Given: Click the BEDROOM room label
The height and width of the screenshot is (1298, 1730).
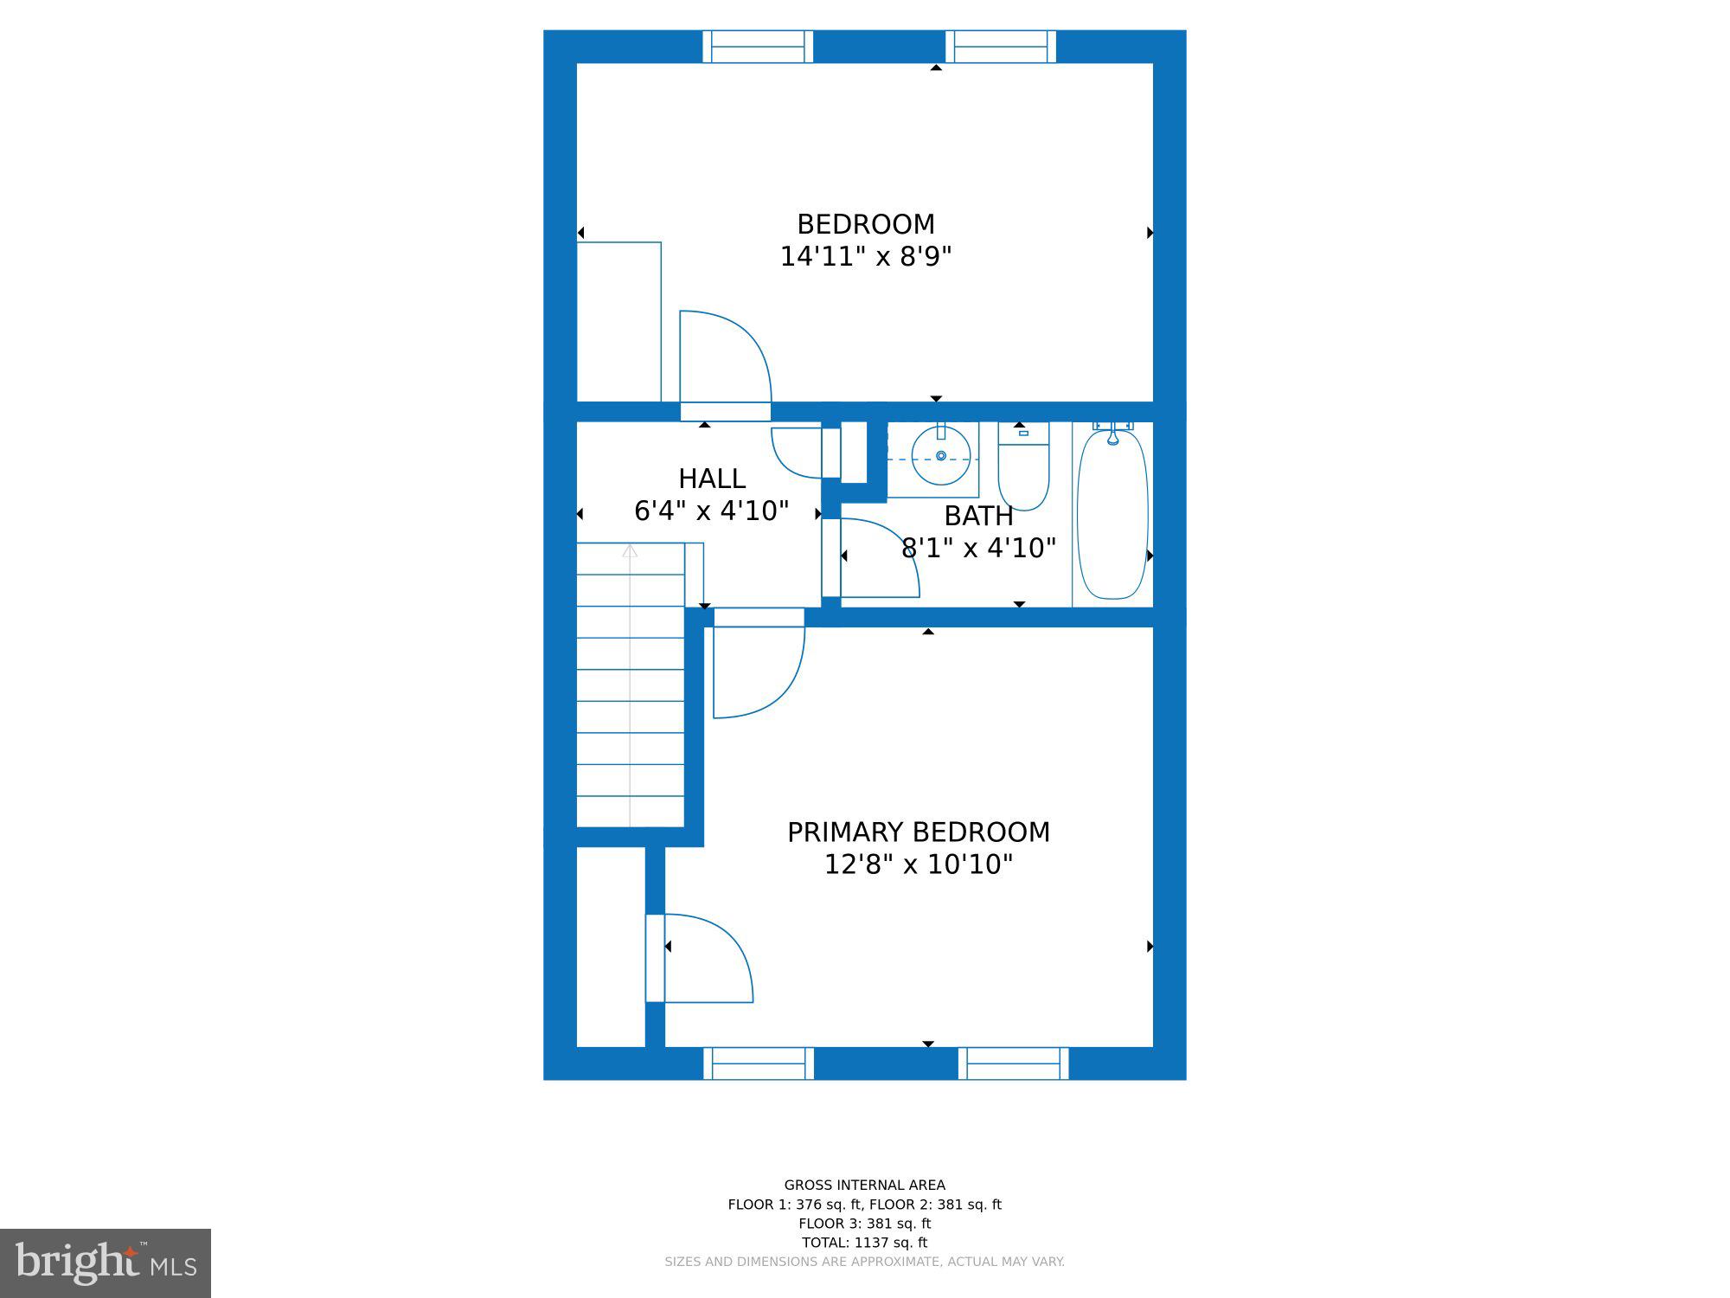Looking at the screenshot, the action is pyautogui.click(x=866, y=225).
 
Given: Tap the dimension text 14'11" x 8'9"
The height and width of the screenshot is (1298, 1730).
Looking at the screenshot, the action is pyautogui.click(x=866, y=257).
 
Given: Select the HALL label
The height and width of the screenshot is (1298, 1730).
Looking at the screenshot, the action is pyautogui.click(x=712, y=479).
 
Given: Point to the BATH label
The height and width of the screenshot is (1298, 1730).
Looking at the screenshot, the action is pyautogui.click(x=978, y=516).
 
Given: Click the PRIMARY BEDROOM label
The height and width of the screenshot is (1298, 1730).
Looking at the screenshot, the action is pyautogui.click(x=919, y=832).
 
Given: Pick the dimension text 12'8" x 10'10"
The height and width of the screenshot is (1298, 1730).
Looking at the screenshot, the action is pyautogui.click(x=919, y=864).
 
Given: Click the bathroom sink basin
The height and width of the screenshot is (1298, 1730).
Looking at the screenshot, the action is pyautogui.click(x=941, y=455).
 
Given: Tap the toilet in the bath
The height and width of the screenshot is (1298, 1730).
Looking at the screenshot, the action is pyautogui.click(x=1023, y=466).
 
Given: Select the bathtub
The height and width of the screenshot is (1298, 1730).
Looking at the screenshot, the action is pyautogui.click(x=1112, y=514).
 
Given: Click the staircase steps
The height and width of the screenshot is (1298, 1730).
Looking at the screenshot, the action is pyautogui.click(x=631, y=684).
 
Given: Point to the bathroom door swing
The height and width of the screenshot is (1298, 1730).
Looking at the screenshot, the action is pyautogui.click(x=879, y=557).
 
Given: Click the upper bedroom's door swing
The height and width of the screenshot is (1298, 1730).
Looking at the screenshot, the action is pyautogui.click(x=725, y=357).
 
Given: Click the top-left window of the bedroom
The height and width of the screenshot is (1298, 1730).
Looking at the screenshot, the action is pyautogui.click(x=758, y=47).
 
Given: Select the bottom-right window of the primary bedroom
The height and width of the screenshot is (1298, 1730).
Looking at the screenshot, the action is pyautogui.click(x=1013, y=1063).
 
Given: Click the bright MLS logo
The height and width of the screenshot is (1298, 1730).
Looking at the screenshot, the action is pyautogui.click(x=106, y=1263).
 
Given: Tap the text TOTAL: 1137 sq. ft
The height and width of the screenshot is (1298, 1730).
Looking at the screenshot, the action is pyautogui.click(x=864, y=1243).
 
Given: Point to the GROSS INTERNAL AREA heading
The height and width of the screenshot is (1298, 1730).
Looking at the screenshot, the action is pyautogui.click(x=864, y=1186).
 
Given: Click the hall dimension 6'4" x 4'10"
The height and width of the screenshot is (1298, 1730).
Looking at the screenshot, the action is pyautogui.click(x=712, y=511).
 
